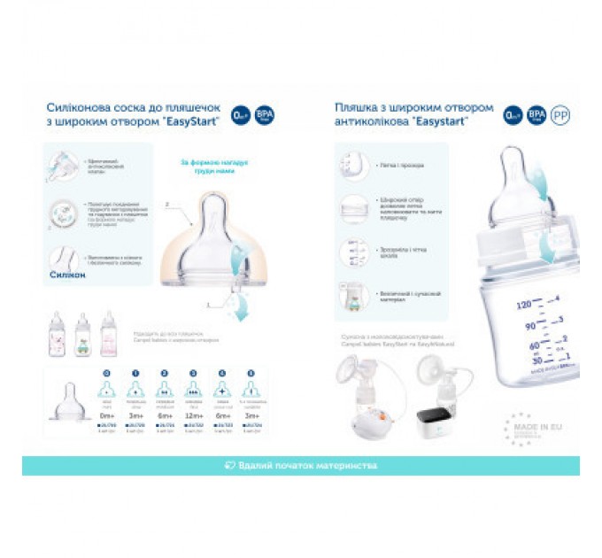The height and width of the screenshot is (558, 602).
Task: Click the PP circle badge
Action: (x=560, y=114)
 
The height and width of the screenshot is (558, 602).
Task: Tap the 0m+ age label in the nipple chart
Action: (x=108, y=415)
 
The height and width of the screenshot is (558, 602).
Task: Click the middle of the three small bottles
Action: (x=83, y=334)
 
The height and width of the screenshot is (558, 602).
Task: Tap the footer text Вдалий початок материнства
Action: (x=301, y=465)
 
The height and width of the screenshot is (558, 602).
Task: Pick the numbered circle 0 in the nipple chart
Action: (x=108, y=374)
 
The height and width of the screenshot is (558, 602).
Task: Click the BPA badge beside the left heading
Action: (x=264, y=114)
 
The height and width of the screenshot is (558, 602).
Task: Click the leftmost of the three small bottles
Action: (x=58, y=334)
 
